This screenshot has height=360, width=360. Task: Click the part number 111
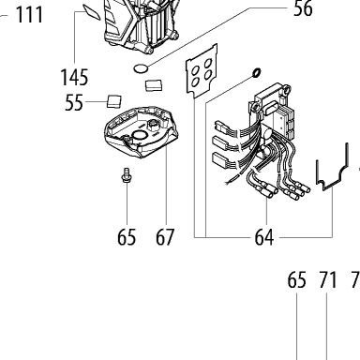[x=29, y=15]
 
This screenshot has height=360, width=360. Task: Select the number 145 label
[x=74, y=77]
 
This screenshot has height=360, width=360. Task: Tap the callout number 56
[x=303, y=8]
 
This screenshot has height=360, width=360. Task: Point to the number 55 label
[x=74, y=102]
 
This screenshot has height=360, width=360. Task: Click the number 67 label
[x=165, y=237]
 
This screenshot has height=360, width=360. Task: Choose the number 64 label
[x=264, y=237]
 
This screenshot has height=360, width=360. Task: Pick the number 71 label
[x=328, y=280]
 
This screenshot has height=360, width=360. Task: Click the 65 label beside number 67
[x=127, y=237]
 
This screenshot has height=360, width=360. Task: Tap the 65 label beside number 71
[x=296, y=280]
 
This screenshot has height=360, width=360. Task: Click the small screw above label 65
[x=127, y=174]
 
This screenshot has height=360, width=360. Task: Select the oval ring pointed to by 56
[x=141, y=68]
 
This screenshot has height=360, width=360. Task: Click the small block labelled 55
[x=114, y=100]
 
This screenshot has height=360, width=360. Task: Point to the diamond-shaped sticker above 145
[x=92, y=11]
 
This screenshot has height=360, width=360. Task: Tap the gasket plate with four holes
[x=202, y=70]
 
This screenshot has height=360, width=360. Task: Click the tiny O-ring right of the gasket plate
[x=256, y=72]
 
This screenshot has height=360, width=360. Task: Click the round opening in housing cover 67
[x=139, y=135]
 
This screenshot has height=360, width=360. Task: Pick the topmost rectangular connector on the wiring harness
[x=221, y=127]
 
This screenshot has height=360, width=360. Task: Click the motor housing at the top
[x=141, y=24]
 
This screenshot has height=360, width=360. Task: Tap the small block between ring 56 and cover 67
[x=154, y=84]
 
